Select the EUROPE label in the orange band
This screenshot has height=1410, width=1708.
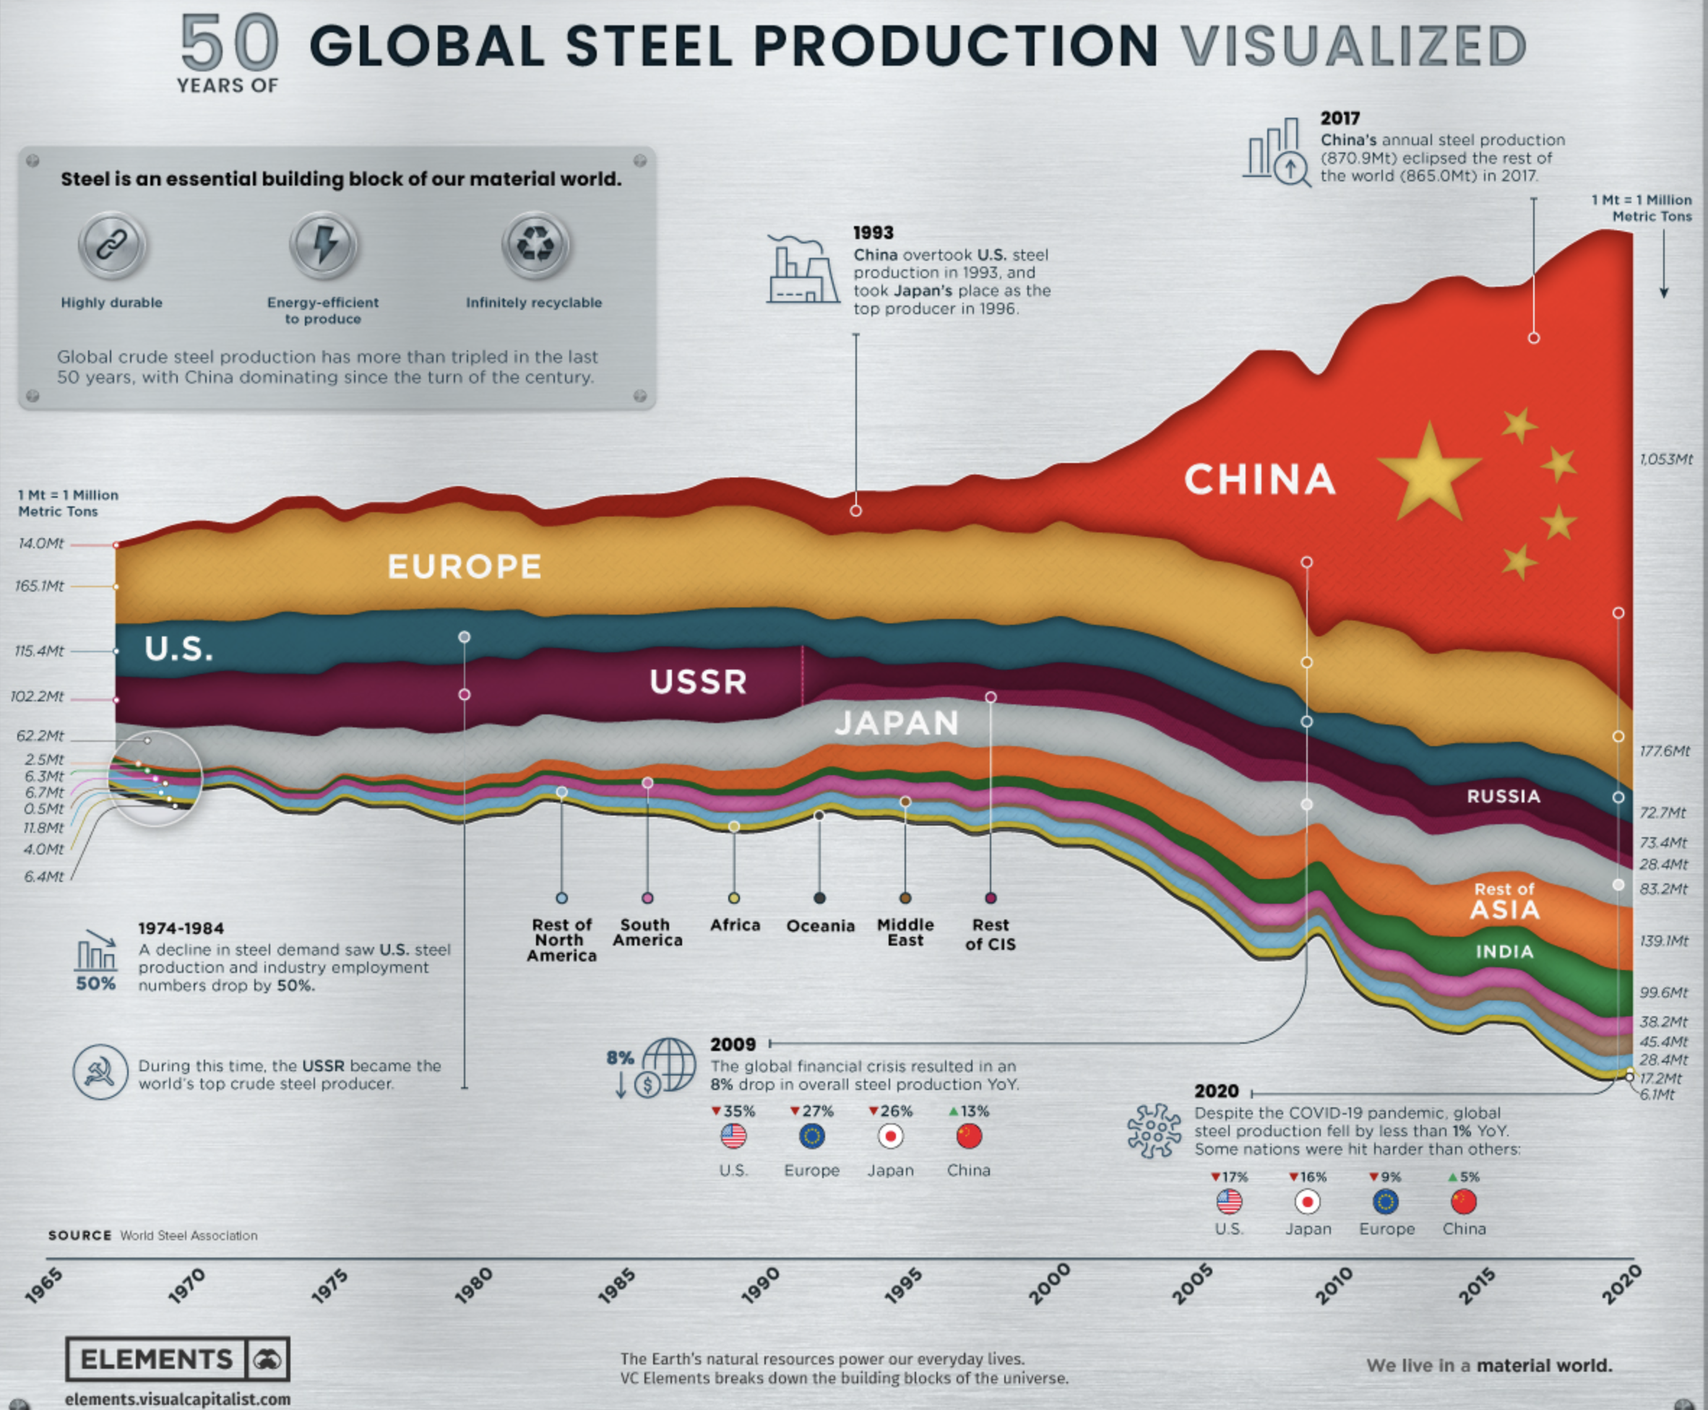[x=465, y=566]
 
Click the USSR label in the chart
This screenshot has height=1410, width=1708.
[x=699, y=681]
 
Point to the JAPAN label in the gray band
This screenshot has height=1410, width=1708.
[x=897, y=723]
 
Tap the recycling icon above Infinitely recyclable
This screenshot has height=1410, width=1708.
[x=535, y=243]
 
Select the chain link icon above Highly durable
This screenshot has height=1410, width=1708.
[x=112, y=243]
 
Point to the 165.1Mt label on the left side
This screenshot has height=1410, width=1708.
[x=39, y=586]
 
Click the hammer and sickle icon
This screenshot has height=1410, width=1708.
[x=100, y=1072]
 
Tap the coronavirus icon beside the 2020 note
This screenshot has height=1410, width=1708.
[x=1154, y=1130]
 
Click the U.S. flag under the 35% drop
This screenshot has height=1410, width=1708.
[x=733, y=1136]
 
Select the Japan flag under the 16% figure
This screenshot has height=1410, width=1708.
[x=1307, y=1201]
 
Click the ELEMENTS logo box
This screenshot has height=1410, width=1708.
[x=177, y=1358]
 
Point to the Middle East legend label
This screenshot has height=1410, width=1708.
[x=905, y=932]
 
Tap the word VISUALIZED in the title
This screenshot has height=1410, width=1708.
[x=1353, y=46]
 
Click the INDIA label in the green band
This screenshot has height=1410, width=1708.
[x=1504, y=951]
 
